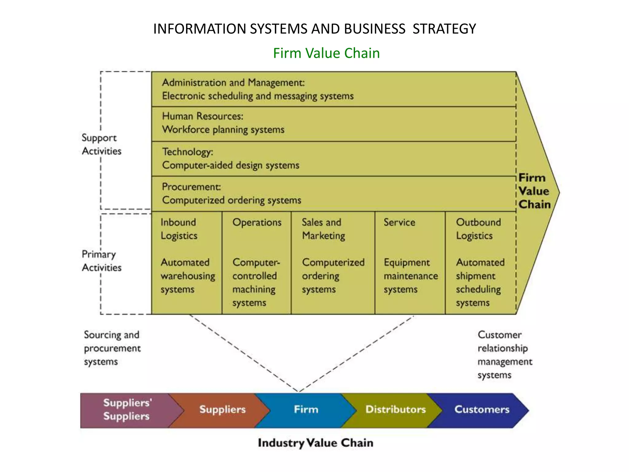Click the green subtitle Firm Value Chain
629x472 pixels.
[x=326, y=53]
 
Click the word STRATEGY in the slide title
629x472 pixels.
[x=444, y=29]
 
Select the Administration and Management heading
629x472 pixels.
[x=233, y=82]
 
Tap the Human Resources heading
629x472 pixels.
[x=202, y=116]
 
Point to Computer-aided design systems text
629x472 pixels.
[x=230, y=165]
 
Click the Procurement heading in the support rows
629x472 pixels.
[x=191, y=187]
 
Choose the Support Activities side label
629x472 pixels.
[x=101, y=144]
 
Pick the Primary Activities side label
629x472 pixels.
[x=101, y=261]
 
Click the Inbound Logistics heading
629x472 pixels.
[x=178, y=229]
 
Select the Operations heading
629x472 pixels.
[x=257, y=222]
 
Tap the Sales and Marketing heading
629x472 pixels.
[x=323, y=229]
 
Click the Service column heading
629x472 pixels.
[x=399, y=222]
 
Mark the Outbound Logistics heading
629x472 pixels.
[x=478, y=229]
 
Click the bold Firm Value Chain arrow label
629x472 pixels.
[x=534, y=191]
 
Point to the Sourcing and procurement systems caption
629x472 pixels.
[x=112, y=348]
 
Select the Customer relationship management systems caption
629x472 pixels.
[x=504, y=355]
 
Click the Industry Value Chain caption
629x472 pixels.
[x=315, y=443]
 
